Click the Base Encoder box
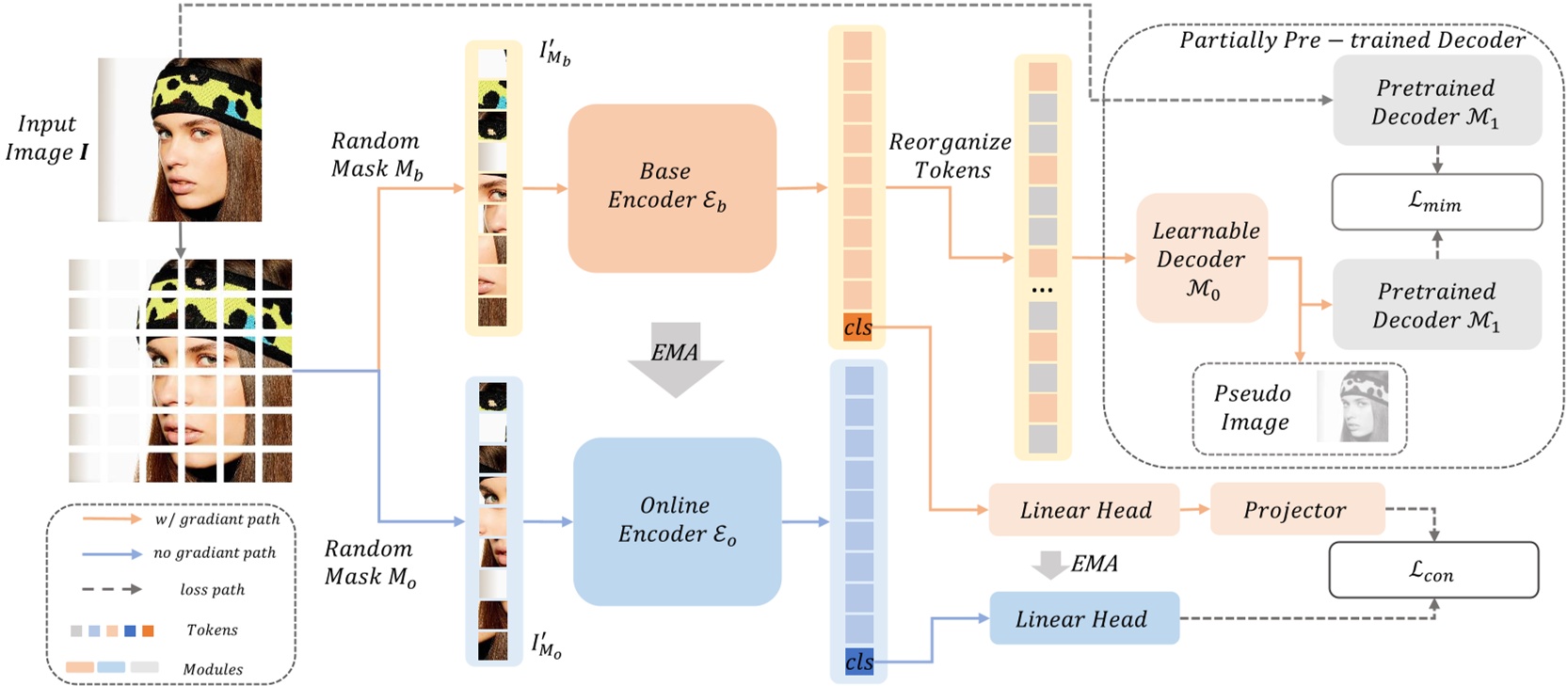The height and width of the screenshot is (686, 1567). click(671, 187)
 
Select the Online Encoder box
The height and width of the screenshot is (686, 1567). click(677, 520)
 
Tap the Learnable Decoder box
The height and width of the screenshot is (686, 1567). click(1202, 259)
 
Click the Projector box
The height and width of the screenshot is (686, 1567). click(1296, 509)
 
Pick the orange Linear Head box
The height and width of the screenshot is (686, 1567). click(1084, 510)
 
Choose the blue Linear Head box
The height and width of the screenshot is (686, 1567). click(1083, 618)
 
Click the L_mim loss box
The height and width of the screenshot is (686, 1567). click(1436, 201)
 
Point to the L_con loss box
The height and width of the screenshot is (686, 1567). click(1432, 569)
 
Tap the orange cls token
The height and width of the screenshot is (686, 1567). click(857, 327)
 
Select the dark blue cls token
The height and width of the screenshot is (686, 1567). click(859, 662)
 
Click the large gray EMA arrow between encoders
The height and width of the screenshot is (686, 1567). click(675, 359)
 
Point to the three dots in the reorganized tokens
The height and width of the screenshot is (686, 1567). click(1042, 290)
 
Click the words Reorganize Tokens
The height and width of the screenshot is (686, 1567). click(950, 155)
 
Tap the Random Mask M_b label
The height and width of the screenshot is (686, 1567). click(376, 154)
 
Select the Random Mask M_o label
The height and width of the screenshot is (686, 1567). click(370, 562)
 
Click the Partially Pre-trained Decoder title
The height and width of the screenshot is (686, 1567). click(1351, 40)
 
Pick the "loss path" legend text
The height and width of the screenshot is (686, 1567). click(213, 590)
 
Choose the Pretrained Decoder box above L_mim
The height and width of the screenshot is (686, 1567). click(1436, 101)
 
